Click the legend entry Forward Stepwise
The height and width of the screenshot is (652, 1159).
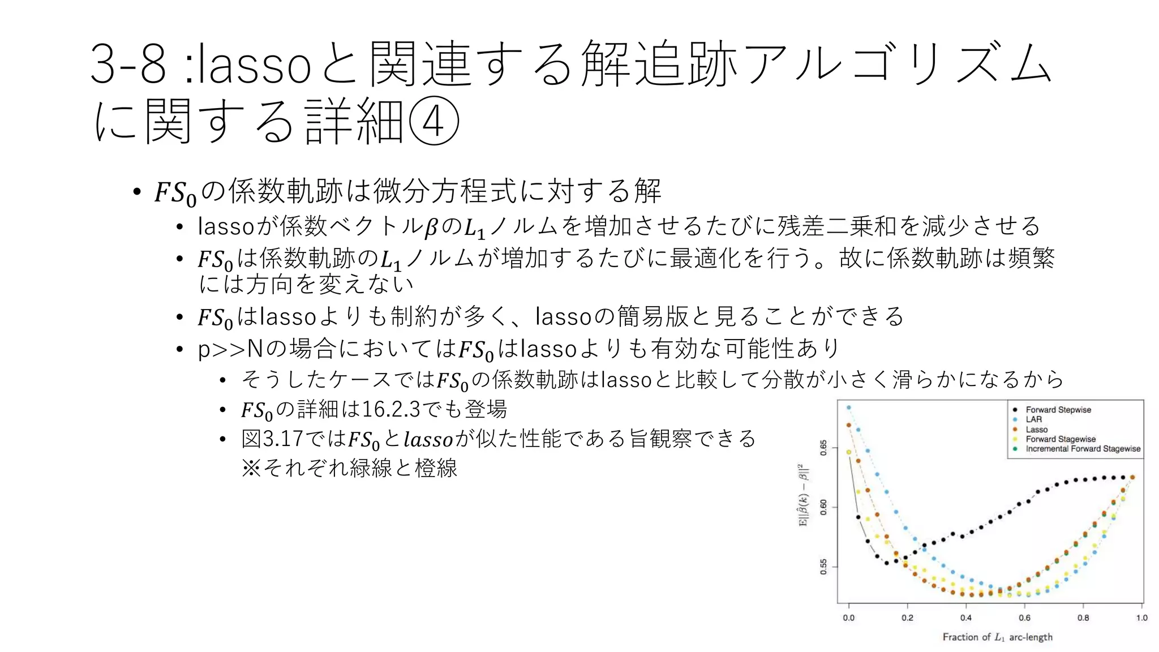(x=1058, y=410)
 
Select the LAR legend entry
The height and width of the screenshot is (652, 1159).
(x=1033, y=419)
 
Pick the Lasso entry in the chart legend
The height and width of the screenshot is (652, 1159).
(x=1036, y=430)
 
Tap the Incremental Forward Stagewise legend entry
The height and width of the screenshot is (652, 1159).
(x=1083, y=449)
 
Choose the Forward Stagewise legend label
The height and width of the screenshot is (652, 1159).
(x=1060, y=439)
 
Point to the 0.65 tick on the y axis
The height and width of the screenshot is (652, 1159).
(x=824, y=448)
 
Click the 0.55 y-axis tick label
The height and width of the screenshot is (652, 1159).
(x=824, y=567)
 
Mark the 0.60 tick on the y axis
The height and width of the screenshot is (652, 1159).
(x=824, y=507)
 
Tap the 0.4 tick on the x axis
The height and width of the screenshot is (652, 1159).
(x=966, y=618)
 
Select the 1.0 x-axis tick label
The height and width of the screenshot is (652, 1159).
(x=1141, y=618)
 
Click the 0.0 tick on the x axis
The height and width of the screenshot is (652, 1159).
(x=849, y=618)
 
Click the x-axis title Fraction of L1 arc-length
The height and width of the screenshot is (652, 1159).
(x=997, y=637)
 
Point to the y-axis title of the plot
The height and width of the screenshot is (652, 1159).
(x=804, y=496)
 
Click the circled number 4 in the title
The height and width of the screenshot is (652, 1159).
(x=433, y=121)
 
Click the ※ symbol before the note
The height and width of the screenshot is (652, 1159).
(x=251, y=468)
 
